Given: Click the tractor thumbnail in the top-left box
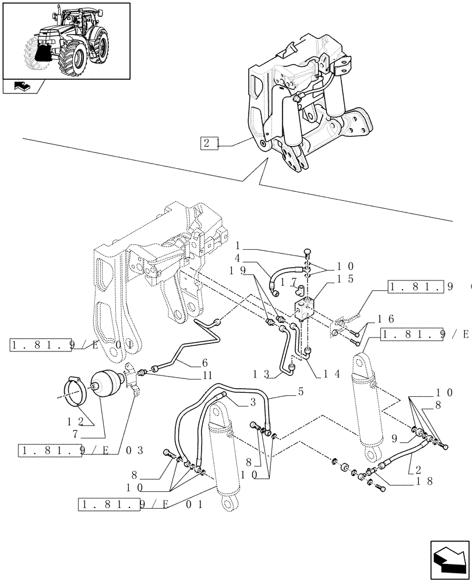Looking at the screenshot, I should (65, 41).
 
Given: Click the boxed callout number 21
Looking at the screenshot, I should (209, 143).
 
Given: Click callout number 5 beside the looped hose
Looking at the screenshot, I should (301, 392).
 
